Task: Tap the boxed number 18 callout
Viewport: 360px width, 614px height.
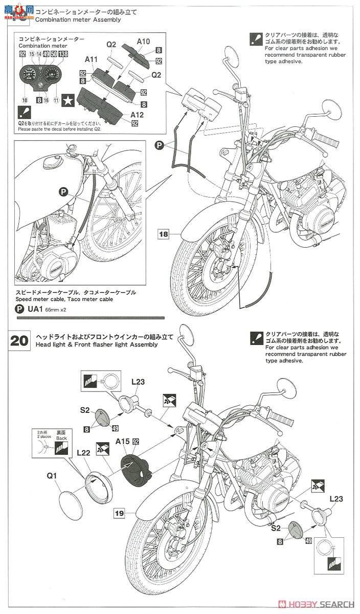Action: point(163,234)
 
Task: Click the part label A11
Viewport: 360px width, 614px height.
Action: point(92,60)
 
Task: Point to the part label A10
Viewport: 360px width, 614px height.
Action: point(144,41)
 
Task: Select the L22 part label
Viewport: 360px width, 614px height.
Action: point(83,453)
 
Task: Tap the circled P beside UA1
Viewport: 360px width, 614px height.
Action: point(19,310)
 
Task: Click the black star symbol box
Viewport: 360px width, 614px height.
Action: point(68,101)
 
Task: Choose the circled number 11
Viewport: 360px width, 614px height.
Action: point(56,101)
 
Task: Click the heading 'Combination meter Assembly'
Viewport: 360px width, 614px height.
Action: point(78,20)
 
